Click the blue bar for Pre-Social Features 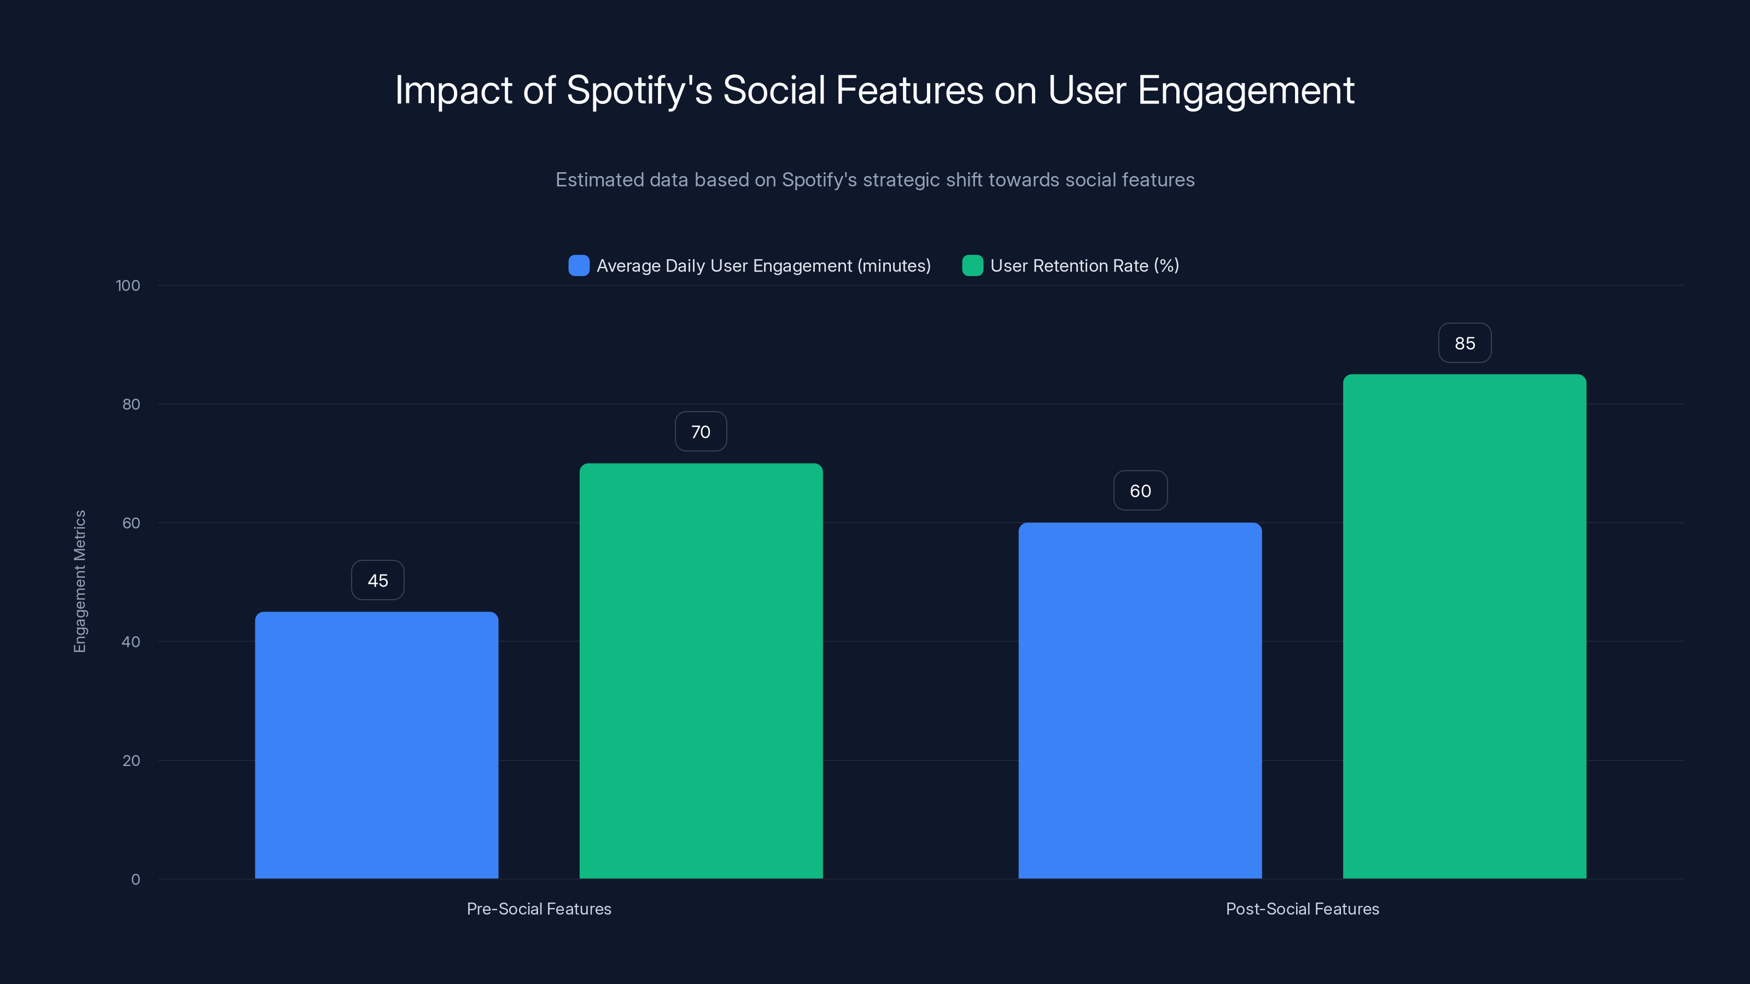[376, 745]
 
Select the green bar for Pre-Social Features [701, 671]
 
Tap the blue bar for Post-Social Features [1140, 700]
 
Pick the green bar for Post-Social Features [1464, 626]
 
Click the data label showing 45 [378, 581]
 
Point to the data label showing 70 [701, 432]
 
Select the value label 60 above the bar [1140, 491]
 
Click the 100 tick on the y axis [128, 286]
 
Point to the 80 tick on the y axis [131, 405]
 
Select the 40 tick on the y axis [131, 642]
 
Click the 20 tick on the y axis [131, 760]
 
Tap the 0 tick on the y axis [135, 880]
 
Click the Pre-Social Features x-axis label [539, 909]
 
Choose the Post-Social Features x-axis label [1302, 909]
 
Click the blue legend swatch [579, 266]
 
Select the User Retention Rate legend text [1084, 266]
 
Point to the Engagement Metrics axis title [80, 581]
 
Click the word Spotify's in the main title [639, 90]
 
